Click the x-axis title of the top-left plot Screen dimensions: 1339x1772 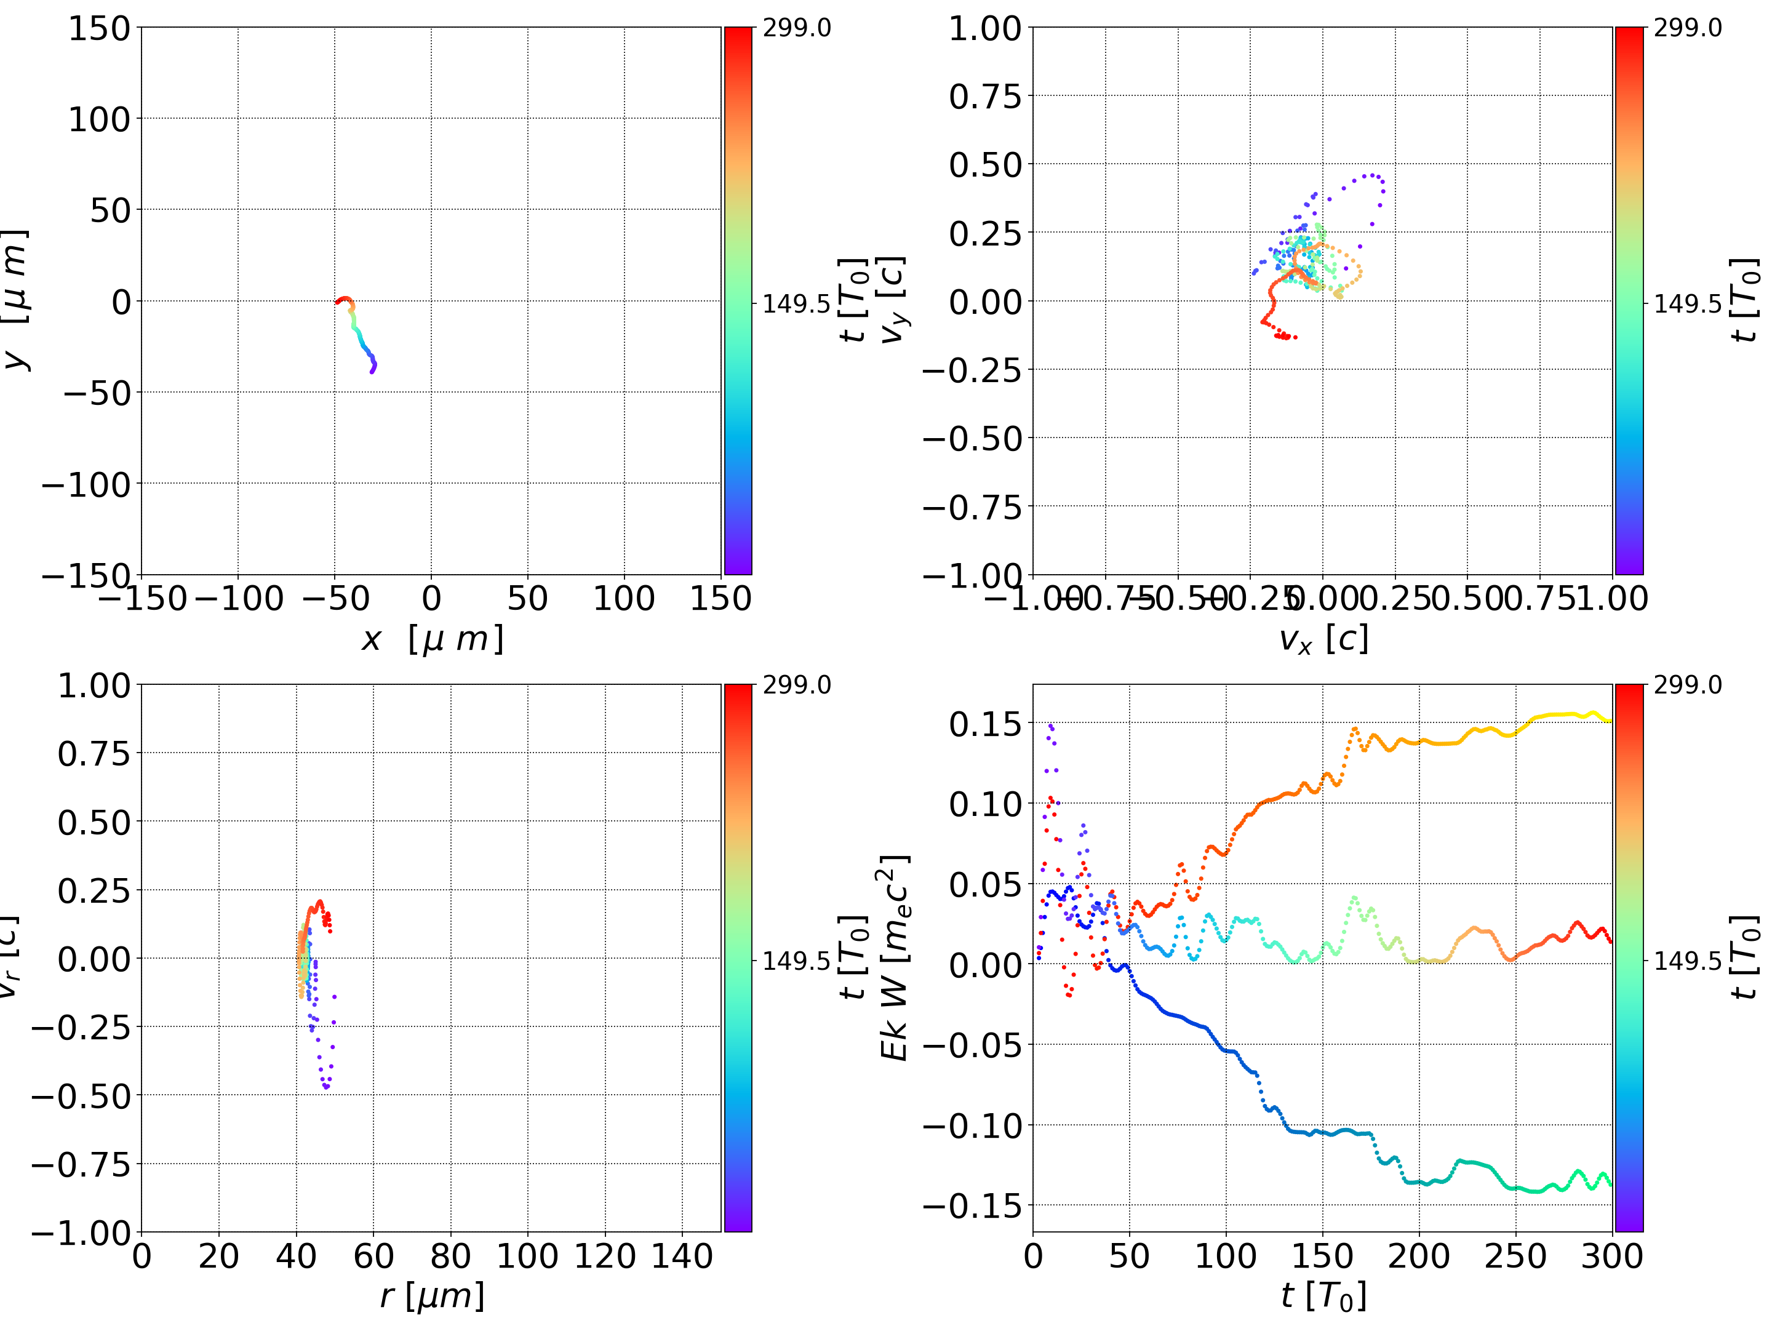(433, 639)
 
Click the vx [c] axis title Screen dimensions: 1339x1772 (1323, 639)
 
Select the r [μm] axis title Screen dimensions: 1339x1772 (433, 1297)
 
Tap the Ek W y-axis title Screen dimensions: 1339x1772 (895, 957)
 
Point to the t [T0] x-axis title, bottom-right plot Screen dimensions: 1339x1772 (1323, 1297)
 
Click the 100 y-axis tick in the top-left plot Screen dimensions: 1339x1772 (98, 119)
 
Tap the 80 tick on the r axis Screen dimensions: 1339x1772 (450, 1256)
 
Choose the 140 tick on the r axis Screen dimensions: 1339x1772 (682, 1256)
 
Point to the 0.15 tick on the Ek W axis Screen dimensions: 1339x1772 (985, 724)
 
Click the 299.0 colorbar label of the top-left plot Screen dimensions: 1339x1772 (796, 28)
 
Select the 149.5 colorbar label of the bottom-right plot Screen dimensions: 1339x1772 (1687, 961)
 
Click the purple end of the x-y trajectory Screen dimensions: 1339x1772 (372, 371)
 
